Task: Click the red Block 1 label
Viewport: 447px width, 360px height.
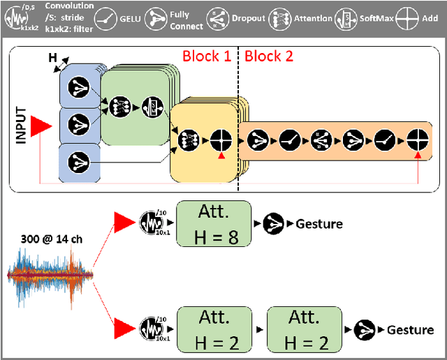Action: pyautogui.click(x=207, y=56)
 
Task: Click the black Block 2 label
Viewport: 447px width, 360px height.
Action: pyautogui.click(x=269, y=56)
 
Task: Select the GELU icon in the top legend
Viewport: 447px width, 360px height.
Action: pyautogui.click(x=107, y=17)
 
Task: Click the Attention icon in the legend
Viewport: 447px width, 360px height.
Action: pyautogui.click(x=282, y=17)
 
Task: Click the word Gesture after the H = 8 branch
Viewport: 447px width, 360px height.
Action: pyautogui.click(x=319, y=224)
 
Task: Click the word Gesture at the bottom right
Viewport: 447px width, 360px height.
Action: pyautogui.click(x=410, y=329)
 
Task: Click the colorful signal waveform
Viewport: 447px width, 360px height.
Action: pyautogui.click(x=48, y=275)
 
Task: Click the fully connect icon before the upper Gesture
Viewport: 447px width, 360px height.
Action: pyautogui.click(x=274, y=224)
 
